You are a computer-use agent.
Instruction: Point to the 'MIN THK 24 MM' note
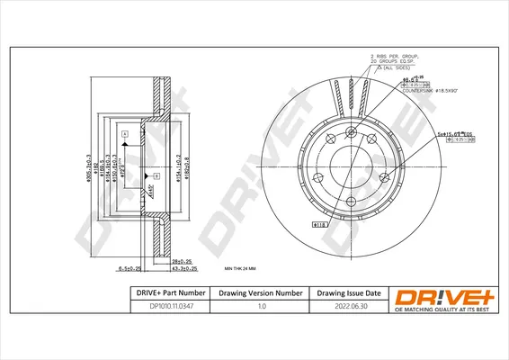tap(239, 268)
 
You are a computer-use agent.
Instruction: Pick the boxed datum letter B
tap(156, 174)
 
